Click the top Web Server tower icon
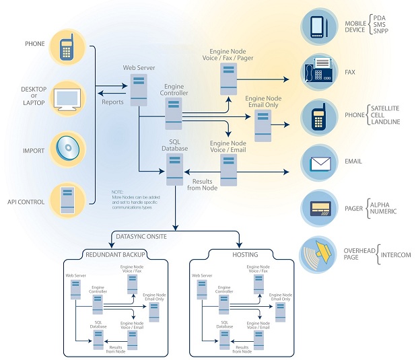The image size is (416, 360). [139, 89]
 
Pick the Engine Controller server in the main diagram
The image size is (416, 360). [174, 112]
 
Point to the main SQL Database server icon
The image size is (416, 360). [174, 169]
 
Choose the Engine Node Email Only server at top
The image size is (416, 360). [263, 125]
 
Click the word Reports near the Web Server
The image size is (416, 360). [112, 102]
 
